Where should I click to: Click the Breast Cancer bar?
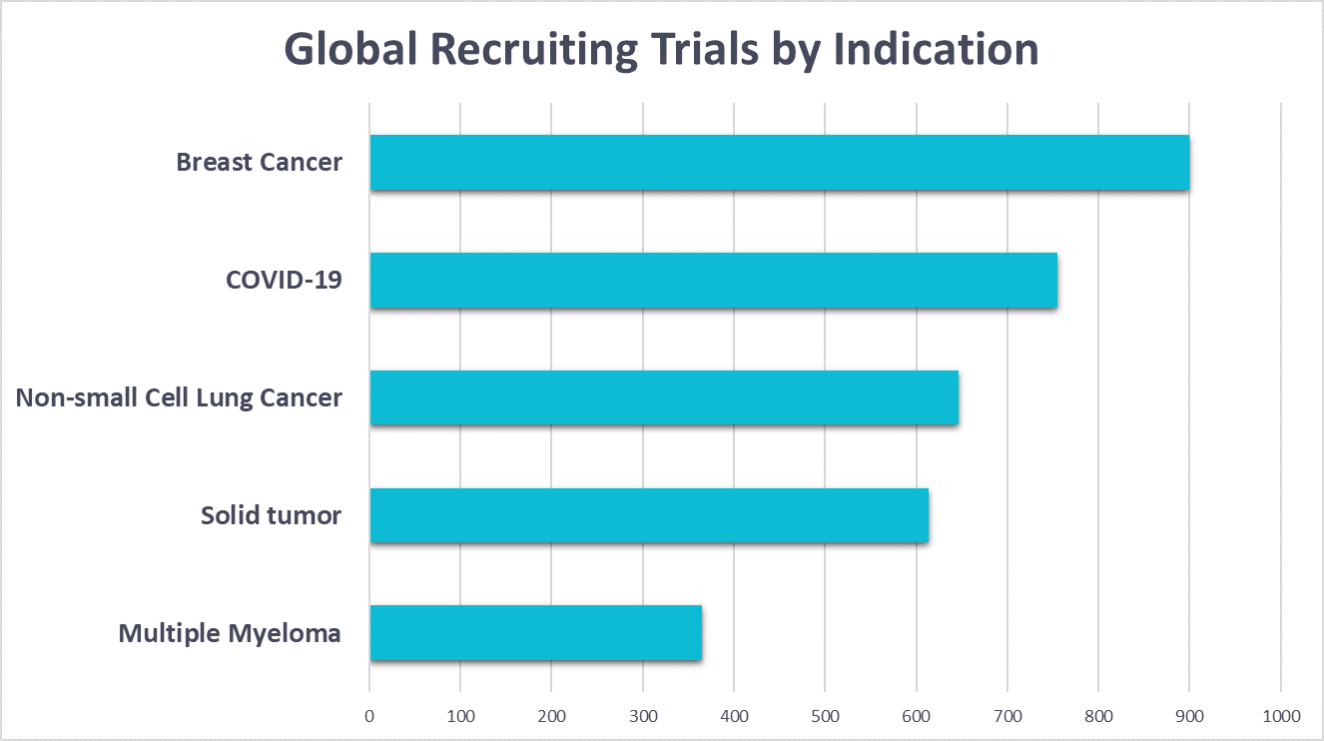pos(779,163)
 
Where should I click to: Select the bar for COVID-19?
pos(713,281)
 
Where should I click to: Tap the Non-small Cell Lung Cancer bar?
pos(664,398)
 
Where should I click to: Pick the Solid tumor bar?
pos(649,516)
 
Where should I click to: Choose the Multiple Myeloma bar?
pos(536,633)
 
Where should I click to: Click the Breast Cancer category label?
pos(259,163)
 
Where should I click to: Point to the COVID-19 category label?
pos(284,280)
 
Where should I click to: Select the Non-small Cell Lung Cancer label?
pos(179,398)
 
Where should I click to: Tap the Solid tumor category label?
pos(271,516)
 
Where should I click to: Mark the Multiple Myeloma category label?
pos(230,634)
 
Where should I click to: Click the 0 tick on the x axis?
pos(369,715)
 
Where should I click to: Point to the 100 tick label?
pos(460,715)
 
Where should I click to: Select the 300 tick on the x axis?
pos(643,715)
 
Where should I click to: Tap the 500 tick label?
pos(825,715)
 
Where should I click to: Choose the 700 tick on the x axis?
pos(1007,715)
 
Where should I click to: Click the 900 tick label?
pos(1189,715)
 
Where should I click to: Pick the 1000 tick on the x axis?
pos(1280,715)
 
